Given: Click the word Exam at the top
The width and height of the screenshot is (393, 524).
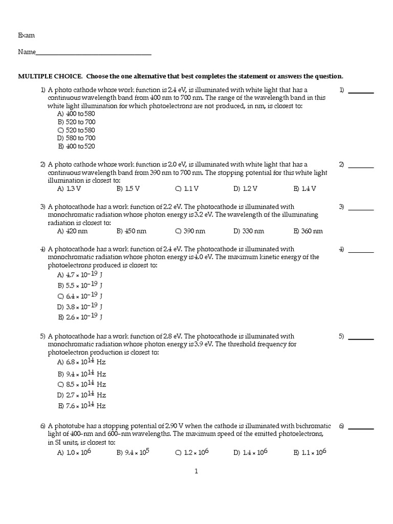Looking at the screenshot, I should point(27,35).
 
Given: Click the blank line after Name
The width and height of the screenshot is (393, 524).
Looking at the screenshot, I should point(94,53).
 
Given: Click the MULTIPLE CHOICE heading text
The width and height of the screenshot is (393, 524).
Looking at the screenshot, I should point(180,76).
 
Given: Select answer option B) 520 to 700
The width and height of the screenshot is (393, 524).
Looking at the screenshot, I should point(77,122).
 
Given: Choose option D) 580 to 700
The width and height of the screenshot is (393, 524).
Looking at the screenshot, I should point(77,138).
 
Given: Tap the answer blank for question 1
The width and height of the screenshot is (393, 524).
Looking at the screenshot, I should point(361,92).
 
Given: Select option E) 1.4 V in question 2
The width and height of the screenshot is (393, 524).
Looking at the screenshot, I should point(305,188).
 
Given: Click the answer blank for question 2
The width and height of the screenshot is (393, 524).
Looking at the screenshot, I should point(361,166).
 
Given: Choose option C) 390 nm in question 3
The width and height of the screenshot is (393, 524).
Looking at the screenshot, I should point(190,231).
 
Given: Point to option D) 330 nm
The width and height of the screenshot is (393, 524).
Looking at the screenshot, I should point(249,231).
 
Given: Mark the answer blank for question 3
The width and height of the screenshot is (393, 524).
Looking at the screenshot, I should point(361,209).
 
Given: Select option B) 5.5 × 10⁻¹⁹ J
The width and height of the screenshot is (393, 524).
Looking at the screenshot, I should point(80,285).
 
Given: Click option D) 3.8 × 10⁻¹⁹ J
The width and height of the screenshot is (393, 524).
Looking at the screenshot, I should point(80,307).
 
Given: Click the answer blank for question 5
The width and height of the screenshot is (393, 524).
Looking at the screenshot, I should point(361,338).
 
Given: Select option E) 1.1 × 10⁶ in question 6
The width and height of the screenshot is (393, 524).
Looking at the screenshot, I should point(310,452).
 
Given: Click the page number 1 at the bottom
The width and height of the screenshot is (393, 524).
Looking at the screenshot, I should point(196,471).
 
